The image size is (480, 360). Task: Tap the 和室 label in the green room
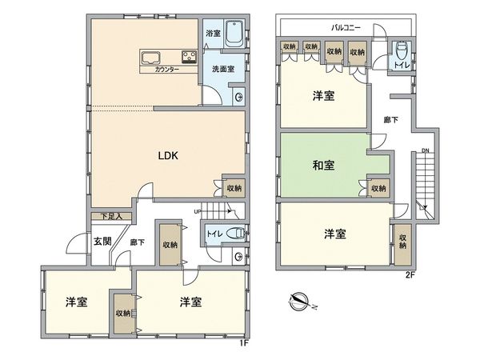pyautogui.click(x=323, y=166)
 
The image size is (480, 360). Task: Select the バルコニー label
pyautogui.click(x=346, y=27)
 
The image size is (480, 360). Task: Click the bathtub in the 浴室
pyautogui.click(x=233, y=34)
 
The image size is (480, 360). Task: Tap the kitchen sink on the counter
pyautogui.click(x=152, y=57)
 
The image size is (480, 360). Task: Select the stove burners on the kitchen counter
pyautogui.click(x=188, y=57)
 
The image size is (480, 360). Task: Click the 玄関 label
pyautogui.click(x=102, y=241)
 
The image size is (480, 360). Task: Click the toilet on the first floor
pyautogui.click(x=234, y=235)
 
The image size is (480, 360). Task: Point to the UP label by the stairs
pyautogui.click(x=197, y=212)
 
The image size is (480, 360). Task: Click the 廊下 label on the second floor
pyautogui.click(x=390, y=120)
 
